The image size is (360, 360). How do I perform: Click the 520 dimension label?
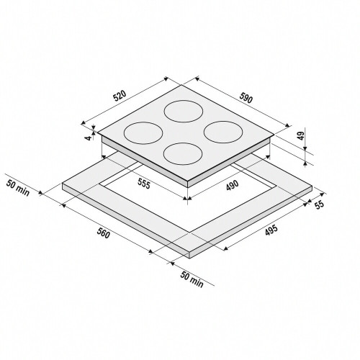pyautogui.click(x=120, y=95)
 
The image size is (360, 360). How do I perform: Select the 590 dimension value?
pyautogui.click(x=246, y=98)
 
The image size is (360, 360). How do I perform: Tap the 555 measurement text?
pyautogui.click(x=144, y=184)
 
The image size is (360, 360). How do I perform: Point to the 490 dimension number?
pyautogui.click(x=233, y=185)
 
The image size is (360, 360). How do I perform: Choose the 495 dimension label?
pyautogui.click(x=271, y=230)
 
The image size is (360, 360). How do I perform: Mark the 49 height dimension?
pyautogui.click(x=302, y=134)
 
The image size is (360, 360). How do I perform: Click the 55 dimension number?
pyautogui.click(x=319, y=204)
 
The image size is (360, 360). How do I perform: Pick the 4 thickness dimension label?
pyautogui.click(x=89, y=138)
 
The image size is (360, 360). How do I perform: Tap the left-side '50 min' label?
pyautogui.click(x=18, y=187)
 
